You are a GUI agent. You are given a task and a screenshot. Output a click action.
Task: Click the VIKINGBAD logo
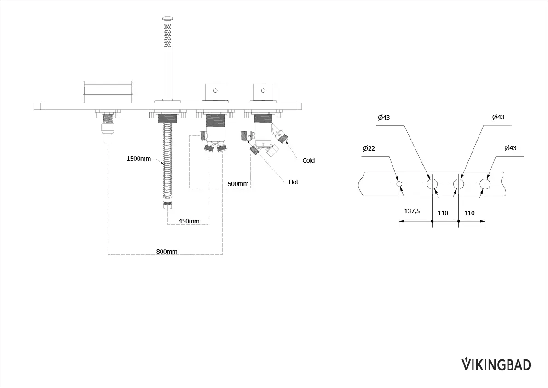point(496,364)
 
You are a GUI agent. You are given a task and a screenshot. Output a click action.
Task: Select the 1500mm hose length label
point(138,159)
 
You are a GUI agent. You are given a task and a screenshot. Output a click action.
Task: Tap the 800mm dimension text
point(167,252)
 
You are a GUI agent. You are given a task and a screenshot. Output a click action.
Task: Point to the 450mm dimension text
point(189,221)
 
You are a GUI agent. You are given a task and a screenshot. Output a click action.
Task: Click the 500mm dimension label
point(238,184)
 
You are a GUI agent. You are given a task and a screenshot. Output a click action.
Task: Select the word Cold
point(308,161)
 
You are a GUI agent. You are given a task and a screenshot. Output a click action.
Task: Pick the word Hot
point(294,182)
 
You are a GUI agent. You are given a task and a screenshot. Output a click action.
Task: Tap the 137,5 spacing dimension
point(412,212)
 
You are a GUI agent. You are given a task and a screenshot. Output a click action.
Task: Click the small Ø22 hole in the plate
point(399,184)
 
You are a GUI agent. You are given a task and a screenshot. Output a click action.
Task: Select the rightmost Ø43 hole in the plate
point(485,184)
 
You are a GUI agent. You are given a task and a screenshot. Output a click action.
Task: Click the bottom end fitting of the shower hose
point(167,204)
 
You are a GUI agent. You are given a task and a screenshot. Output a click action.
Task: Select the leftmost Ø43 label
point(383,118)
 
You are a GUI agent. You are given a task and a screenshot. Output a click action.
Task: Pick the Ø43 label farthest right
point(510,148)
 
